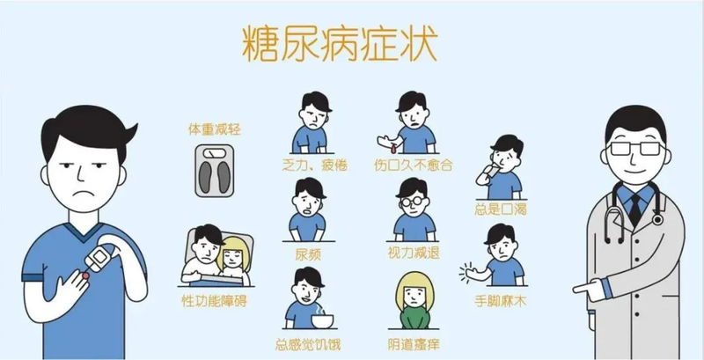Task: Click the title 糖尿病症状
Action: coord(340,44)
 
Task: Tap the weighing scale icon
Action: coord(214,171)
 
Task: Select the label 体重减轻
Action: coord(214,129)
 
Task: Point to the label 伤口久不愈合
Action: coord(413,165)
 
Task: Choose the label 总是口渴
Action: coord(500,209)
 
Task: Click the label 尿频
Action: coord(308,254)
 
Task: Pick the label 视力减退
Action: coord(414,253)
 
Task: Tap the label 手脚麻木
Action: coord(500,301)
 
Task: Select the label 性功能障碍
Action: coord(214,301)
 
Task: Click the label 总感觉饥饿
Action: coord(308,345)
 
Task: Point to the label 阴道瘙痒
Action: coord(414,345)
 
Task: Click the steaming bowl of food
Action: coord(321,318)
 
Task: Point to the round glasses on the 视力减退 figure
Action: coord(412,202)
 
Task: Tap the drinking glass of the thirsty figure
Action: coord(492,171)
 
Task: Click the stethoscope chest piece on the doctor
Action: coord(657,219)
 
